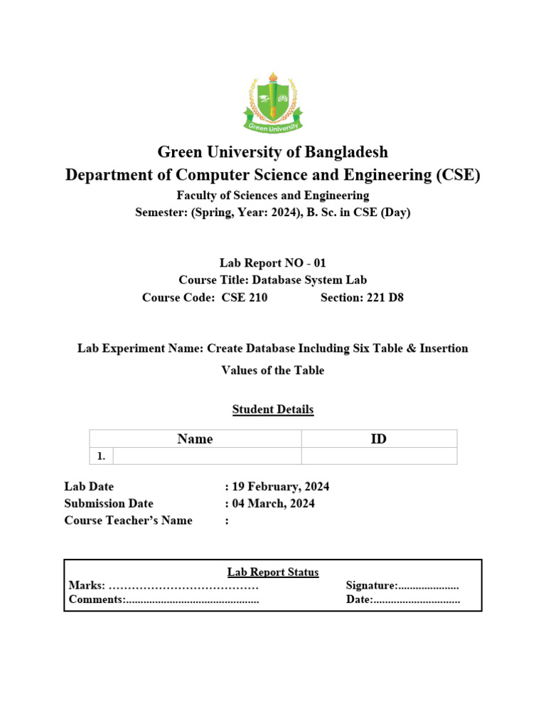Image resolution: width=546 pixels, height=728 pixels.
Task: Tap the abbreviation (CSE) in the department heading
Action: (x=456, y=176)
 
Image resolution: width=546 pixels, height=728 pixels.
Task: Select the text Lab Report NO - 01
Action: (x=273, y=263)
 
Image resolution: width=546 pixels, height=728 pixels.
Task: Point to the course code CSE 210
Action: (x=245, y=297)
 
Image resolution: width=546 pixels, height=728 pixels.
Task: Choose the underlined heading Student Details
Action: (x=273, y=409)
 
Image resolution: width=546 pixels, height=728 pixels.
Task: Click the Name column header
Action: (x=195, y=439)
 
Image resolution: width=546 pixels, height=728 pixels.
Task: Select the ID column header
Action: (x=379, y=439)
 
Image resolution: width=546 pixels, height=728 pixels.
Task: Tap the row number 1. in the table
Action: (x=101, y=456)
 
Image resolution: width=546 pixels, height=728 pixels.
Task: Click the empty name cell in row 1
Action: (x=207, y=456)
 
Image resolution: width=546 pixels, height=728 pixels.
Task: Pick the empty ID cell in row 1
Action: (x=379, y=456)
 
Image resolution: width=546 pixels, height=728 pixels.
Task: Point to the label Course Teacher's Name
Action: (x=128, y=520)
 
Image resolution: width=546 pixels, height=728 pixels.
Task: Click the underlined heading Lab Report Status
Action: (x=273, y=572)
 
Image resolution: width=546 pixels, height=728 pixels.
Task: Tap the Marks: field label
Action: (x=87, y=586)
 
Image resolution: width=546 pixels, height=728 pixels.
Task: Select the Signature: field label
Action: (x=371, y=586)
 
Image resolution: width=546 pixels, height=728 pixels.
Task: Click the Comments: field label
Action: (x=96, y=600)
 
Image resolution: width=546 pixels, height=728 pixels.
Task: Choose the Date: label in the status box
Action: (x=359, y=600)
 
